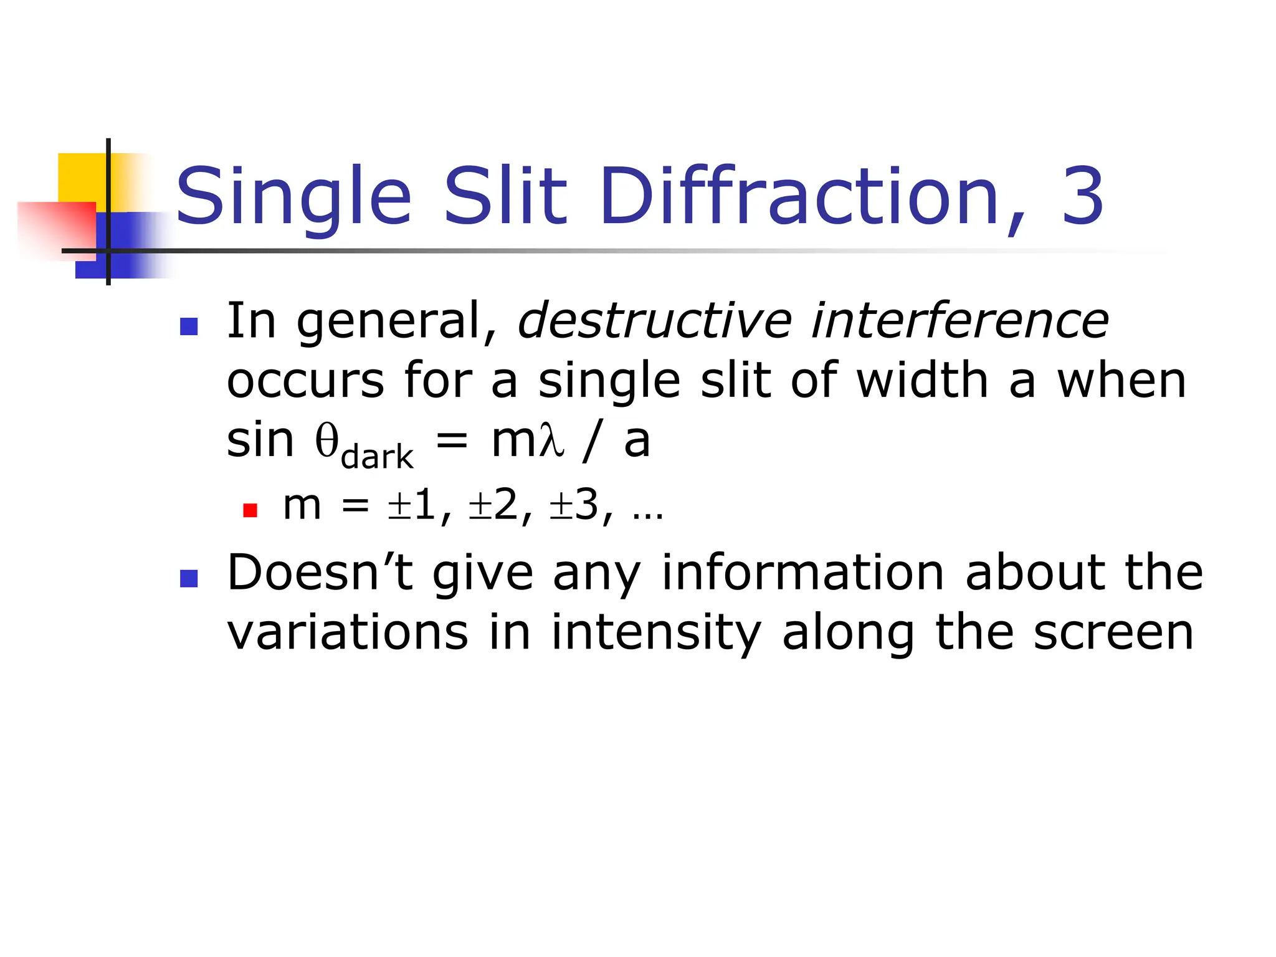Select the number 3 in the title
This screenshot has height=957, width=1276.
pos(1083,197)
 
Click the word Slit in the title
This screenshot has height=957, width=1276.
pos(505,197)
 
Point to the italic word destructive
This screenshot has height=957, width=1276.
pos(655,321)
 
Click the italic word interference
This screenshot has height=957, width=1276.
pos(959,321)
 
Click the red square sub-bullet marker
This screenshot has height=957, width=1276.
pos(250,511)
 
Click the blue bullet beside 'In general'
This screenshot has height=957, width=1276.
pos(189,326)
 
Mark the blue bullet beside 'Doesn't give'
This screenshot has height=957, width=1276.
pos(189,579)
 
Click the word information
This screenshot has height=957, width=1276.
pos(803,573)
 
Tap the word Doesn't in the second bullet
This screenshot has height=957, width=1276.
pos(320,573)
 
